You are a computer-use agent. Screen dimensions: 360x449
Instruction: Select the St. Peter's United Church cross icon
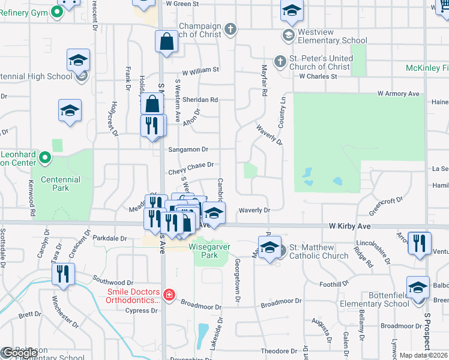(x=280, y=61)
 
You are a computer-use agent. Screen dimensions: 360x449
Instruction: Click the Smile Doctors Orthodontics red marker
(x=170, y=294)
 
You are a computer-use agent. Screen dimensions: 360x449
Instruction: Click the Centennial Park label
(x=60, y=184)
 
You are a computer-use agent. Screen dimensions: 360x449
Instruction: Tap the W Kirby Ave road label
(x=350, y=226)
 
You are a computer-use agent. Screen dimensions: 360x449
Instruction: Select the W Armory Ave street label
(x=398, y=94)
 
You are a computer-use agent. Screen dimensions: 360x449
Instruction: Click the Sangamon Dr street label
(x=188, y=149)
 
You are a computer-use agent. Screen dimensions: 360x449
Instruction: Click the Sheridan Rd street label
(x=200, y=100)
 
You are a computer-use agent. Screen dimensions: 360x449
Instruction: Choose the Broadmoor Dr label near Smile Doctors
(x=201, y=306)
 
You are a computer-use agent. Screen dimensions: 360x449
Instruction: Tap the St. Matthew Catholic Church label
(x=319, y=251)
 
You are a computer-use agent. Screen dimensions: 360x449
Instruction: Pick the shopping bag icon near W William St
(x=166, y=41)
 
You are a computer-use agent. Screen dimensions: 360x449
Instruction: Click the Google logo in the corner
(x=19, y=353)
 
